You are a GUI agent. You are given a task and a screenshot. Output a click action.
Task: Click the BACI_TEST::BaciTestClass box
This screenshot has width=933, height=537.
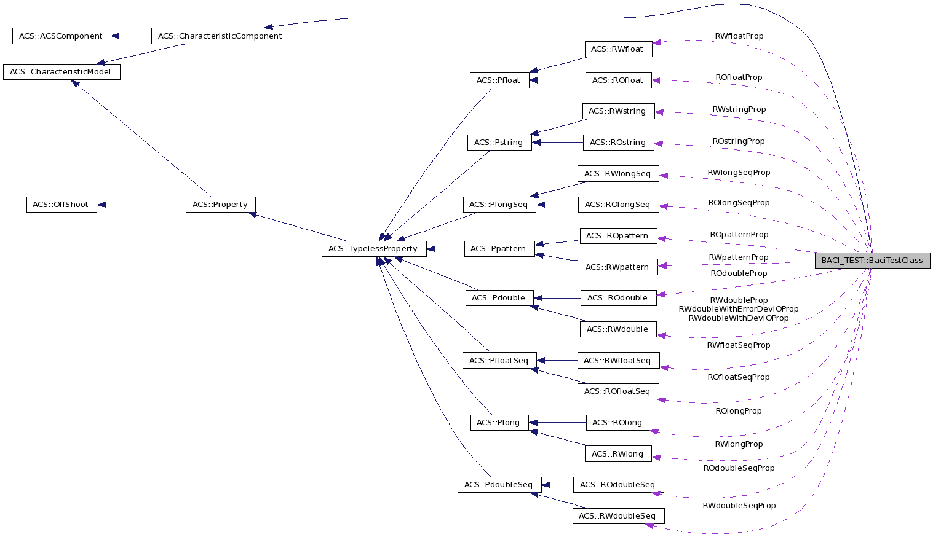(871, 261)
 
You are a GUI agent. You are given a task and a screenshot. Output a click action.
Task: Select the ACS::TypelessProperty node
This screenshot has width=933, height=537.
(373, 249)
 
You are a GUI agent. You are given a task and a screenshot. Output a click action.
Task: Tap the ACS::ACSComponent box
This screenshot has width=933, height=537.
(61, 36)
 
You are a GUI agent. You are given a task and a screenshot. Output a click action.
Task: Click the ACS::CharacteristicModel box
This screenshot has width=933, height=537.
(61, 72)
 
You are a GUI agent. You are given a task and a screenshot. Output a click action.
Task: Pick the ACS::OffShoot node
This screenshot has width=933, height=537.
(61, 205)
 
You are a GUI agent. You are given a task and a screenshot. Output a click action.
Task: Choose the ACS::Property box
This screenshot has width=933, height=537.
(220, 205)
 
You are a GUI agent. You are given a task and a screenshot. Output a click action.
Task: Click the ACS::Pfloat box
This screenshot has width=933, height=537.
(499, 80)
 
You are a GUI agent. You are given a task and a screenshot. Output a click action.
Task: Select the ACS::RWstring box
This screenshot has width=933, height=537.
(617, 111)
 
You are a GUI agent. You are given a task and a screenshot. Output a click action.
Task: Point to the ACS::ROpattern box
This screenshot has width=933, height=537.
(617, 236)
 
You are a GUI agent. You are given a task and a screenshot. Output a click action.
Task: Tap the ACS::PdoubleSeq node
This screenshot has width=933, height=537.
(499, 485)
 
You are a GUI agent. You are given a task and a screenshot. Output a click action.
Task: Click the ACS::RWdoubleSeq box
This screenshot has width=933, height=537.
(617, 516)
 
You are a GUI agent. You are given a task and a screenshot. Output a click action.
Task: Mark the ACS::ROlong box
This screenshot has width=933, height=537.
(617, 423)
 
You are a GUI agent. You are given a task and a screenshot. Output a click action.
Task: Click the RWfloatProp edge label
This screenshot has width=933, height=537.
(739, 36)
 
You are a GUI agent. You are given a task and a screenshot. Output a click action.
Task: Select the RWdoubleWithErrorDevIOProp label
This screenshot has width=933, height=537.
(738, 309)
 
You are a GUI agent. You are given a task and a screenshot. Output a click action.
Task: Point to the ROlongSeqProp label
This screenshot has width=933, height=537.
(738, 203)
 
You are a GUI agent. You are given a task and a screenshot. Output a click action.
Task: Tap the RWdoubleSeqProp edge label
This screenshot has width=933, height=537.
(739, 506)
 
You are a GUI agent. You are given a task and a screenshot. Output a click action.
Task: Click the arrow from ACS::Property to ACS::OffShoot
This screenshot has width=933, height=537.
(141, 205)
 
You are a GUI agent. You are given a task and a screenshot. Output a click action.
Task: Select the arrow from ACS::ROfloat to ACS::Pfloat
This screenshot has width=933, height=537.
(557, 80)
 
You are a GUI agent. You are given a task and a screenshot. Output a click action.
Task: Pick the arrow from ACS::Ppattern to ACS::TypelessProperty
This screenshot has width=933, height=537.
(445, 249)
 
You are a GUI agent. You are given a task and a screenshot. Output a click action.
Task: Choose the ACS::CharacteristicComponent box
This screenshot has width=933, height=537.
(220, 36)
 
